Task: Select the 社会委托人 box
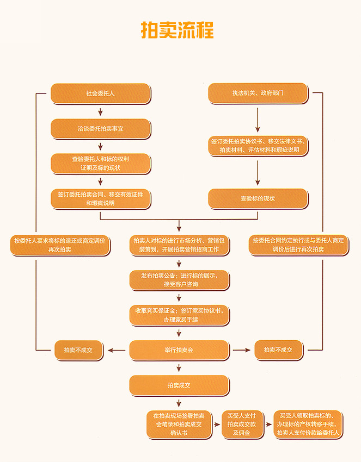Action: tap(101, 93)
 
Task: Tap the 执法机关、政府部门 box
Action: tap(258, 93)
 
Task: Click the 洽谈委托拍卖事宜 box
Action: tap(101, 129)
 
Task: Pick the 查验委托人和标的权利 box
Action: tap(101, 164)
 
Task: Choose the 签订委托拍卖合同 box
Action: tap(101, 198)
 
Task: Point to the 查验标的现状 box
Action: tap(258, 198)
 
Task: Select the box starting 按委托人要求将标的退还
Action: tap(60, 245)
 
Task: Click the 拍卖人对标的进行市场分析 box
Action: tap(179, 245)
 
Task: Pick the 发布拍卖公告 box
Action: tap(179, 280)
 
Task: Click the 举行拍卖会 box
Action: tap(179, 350)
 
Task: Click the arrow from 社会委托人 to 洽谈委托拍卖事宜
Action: tap(101, 111)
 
